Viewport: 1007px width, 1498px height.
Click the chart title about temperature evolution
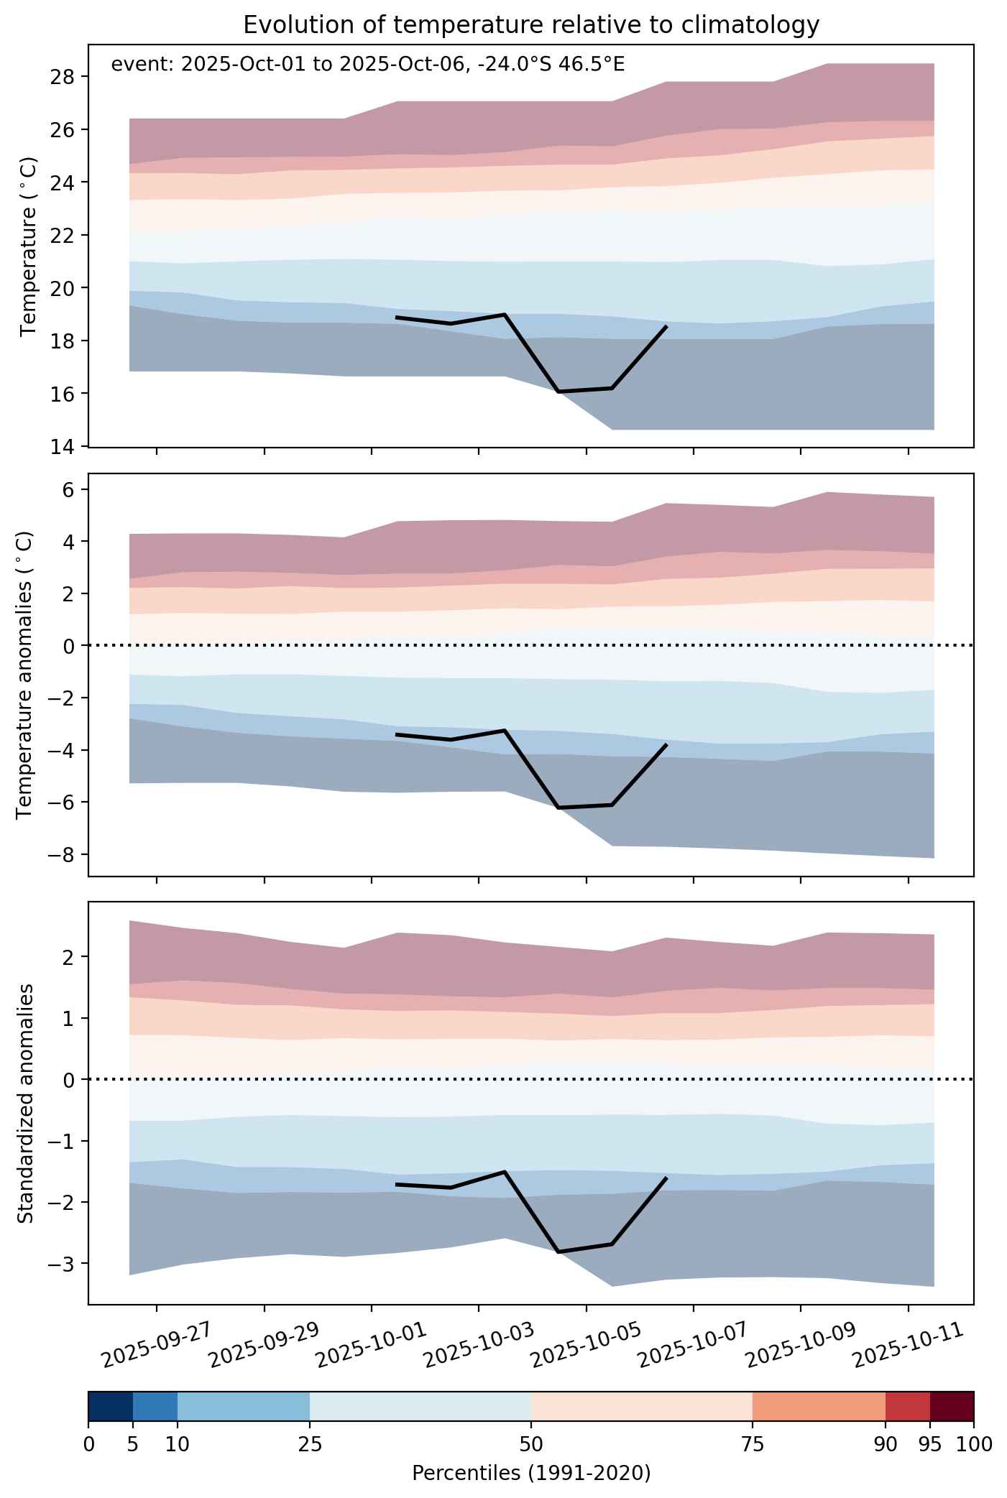point(531,25)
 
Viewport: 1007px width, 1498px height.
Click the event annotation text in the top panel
point(368,65)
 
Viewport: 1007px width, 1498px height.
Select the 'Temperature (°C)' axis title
point(28,246)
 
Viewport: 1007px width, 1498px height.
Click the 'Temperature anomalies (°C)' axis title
point(24,675)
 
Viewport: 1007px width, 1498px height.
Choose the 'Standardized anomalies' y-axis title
point(24,1104)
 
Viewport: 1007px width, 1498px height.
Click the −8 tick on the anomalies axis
point(62,854)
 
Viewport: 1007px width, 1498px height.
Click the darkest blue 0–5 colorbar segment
point(111,1406)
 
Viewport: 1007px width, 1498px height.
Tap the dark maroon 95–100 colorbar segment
point(952,1406)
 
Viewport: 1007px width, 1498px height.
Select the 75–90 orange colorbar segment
point(819,1406)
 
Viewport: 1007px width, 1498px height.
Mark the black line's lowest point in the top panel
point(558,392)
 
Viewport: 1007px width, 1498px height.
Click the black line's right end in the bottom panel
point(666,1178)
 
